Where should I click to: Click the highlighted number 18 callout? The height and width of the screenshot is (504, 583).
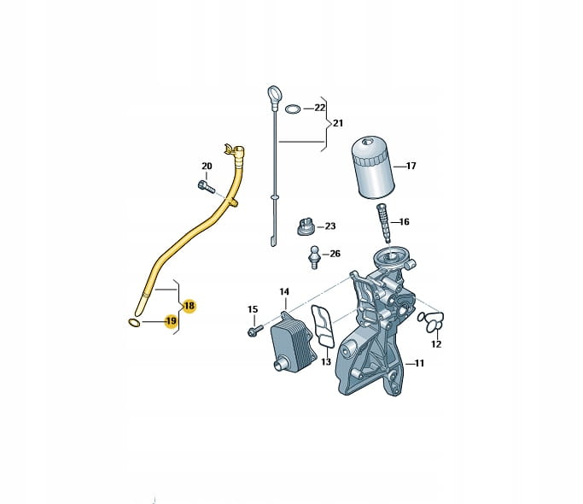pyautogui.click(x=189, y=306)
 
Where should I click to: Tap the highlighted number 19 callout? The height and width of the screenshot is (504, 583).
pyautogui.click(x=172, y=321)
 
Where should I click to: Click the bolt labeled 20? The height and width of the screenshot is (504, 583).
pyautogui.click(x=207, y=186)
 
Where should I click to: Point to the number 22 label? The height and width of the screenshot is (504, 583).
pyautogui.click(x=319, y=108)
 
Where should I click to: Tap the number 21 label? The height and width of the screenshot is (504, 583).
pyautogui.click(x=338, y=123)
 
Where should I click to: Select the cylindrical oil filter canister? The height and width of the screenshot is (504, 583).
pyautogui.click(x=373, y=168)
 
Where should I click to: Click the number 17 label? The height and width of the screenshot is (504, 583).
pyautogui.click(x=411, y=166)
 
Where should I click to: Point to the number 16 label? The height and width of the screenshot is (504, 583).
pyautogui.click(x=404, y=222)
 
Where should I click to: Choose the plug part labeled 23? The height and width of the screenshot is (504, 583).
pyautogui.click(x=306, y=226)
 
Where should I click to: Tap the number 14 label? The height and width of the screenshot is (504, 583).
pyautogui.click(x=284, y=291)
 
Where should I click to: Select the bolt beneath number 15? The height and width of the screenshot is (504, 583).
pyautogui.click(x=255, y=331)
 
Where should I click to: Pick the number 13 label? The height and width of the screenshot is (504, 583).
pyautogui.click(x=326, y=362)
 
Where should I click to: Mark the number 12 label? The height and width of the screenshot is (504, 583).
pyautogui.click(x=436, y=344)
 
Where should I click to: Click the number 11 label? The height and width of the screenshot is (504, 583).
pyautogui.click(x=419, y=363)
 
